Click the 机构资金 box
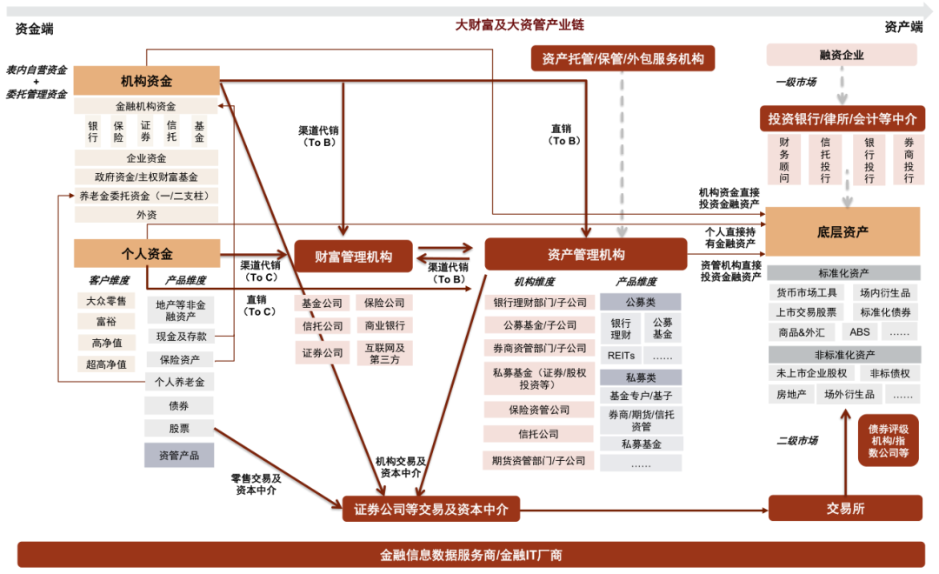click(147, 80)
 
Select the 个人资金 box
click(147, 253)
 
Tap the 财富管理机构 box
click(353, 257)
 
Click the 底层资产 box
click(842, 231)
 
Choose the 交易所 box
click(845, 508)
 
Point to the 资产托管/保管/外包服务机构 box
click(623, 59)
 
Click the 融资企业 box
click(842, 55)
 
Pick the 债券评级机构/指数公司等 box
click(888, 440)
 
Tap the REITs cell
click(621, 356)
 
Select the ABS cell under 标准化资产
click(859, 332)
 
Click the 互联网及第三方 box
click(384, 353)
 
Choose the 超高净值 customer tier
click(106, 364)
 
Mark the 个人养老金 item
click(179, 382)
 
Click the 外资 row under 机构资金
click(146, 215)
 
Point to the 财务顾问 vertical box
click(784, 160)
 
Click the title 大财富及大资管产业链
click(519, 24)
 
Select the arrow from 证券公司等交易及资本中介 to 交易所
click(643, 511)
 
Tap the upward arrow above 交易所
click(846, 451)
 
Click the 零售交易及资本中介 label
click(256, 484)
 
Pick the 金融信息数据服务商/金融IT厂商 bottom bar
click(470, 555)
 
